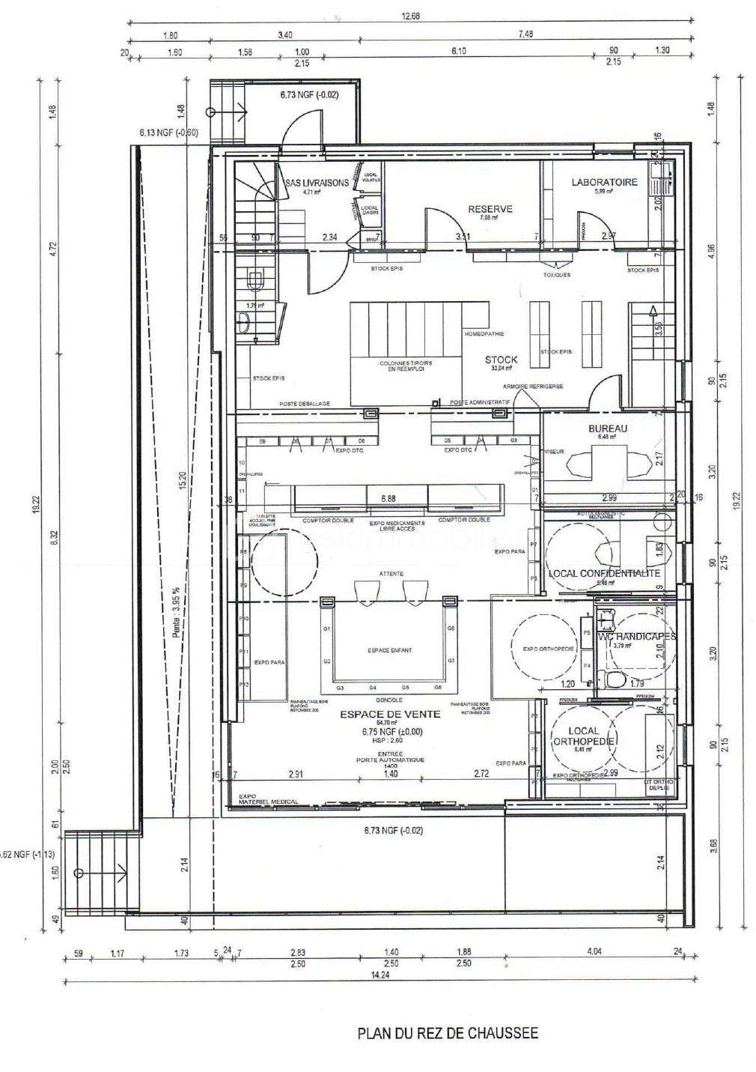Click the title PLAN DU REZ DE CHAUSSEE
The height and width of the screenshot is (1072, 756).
pos(448,1033)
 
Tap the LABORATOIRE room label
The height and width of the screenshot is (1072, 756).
pos(604,182)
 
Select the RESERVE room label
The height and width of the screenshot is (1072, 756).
pos(490,209)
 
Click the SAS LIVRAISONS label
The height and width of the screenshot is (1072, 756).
pos(317,184)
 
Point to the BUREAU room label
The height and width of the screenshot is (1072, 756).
pos(608,429)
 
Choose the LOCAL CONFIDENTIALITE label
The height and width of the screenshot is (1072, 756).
pos(605,573)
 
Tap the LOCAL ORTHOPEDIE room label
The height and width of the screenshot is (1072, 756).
pos(583,736)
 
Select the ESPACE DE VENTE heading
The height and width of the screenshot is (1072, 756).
pos(390,714)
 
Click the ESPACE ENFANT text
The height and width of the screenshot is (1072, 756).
pos(389,650)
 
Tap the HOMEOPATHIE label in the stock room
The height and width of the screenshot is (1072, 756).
pos(484,334)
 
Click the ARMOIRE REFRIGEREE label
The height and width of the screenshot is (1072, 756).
pos(533,387)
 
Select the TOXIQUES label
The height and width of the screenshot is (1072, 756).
pos(556,275)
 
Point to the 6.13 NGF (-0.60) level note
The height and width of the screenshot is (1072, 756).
pos(168,133)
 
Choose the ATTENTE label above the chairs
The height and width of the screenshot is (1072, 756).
pos(391,574)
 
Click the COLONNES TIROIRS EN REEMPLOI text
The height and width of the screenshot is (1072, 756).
pos(406,366)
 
